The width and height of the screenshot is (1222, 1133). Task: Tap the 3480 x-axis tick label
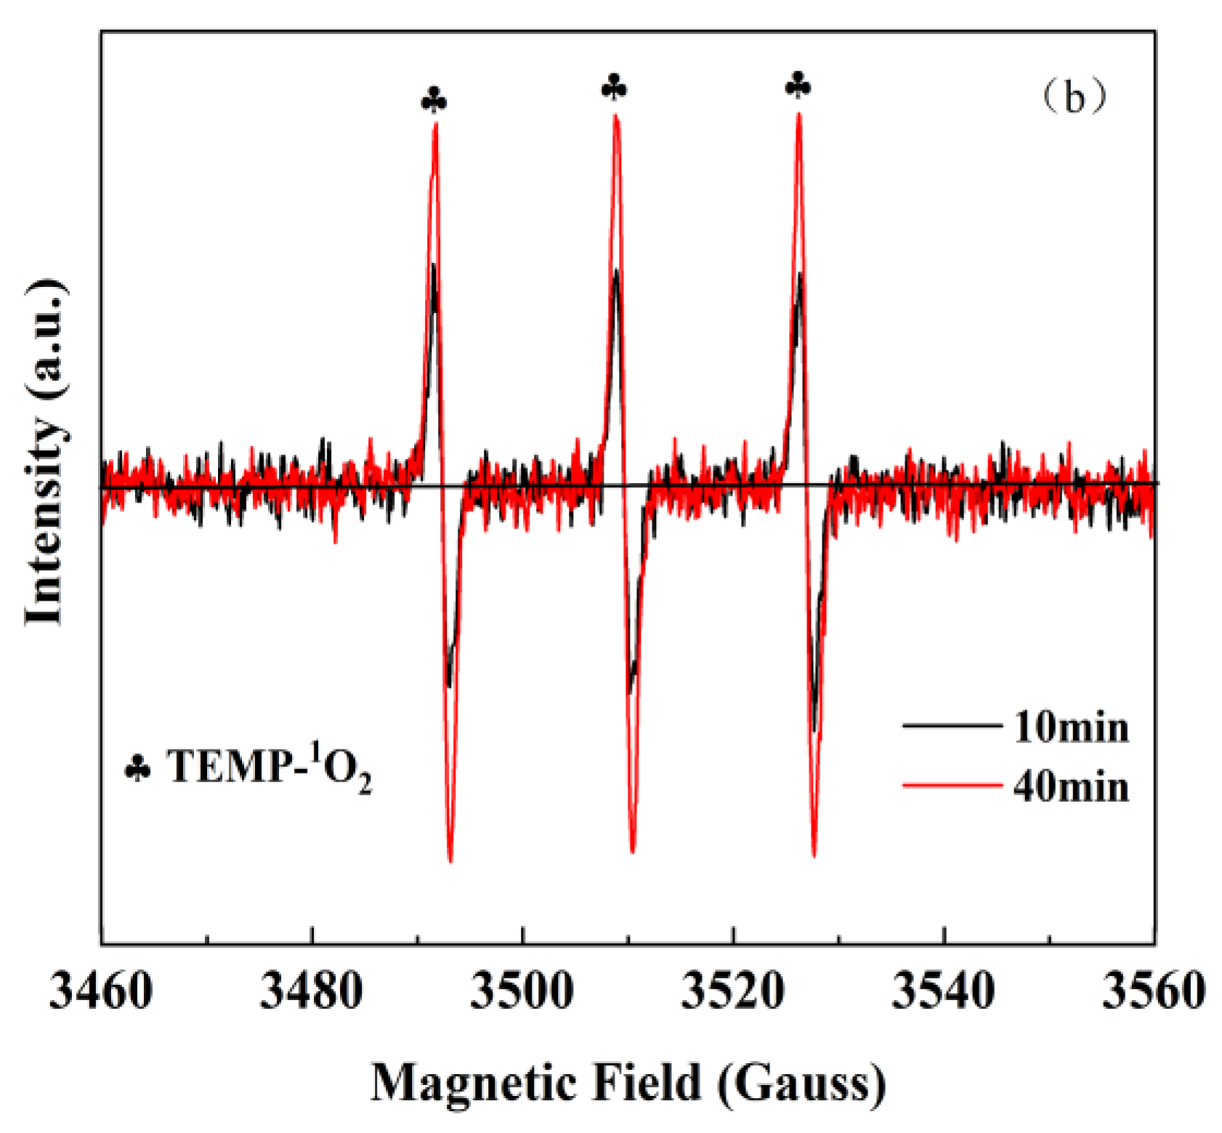click(311, 991)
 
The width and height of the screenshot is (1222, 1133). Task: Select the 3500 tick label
click(522, 991)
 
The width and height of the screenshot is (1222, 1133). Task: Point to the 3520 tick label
click(732, 991)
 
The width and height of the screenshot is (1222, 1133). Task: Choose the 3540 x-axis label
click(943, 991)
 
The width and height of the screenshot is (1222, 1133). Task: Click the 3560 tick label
click(1154, 991)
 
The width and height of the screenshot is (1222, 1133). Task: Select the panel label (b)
click(1074, 97)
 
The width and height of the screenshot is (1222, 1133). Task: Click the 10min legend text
click(1071, 727)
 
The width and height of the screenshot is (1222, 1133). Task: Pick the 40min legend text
click(1071, 787)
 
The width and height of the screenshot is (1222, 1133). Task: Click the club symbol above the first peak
click(434, 100)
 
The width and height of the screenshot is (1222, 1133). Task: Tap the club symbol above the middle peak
click(615, 87)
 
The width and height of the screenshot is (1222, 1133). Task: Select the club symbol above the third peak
click(798, 85)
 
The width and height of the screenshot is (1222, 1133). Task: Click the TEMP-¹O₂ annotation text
click(270, 768)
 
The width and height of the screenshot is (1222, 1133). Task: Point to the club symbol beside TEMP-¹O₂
click(138, 768)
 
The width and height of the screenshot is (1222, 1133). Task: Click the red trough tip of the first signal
click(451, 861)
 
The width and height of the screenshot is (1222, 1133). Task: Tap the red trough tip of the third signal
click(814, 856)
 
